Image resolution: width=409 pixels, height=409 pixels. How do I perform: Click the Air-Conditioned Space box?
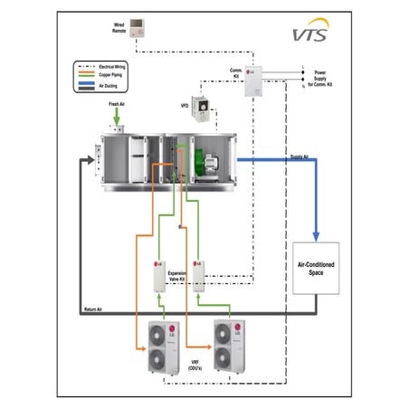point(317,268)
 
